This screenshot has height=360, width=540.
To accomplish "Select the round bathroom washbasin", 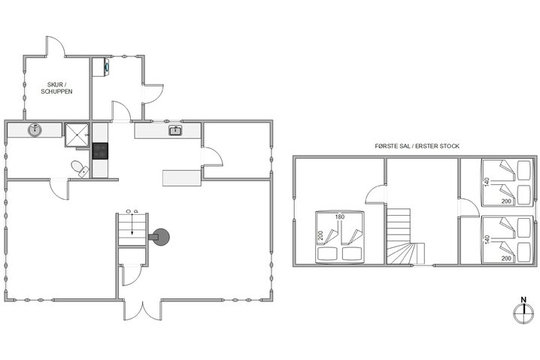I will pyautogui.click(x=35, y=131).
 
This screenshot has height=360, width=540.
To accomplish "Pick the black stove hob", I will pyautogui.click(x=100, y=150).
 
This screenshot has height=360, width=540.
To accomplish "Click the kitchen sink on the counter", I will pyautogui.click(x=175, y=132).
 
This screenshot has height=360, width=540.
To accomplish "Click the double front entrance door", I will pyautogui.click(x=141, y=309).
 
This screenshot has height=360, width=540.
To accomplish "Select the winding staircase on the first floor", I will pyautogui.click(x=402, y=237).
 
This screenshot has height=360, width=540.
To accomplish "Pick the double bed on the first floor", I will pyautogui.click(x=338, y=237).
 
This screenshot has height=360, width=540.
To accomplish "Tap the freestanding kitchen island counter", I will pyautogui.click(x=182, y=178).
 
